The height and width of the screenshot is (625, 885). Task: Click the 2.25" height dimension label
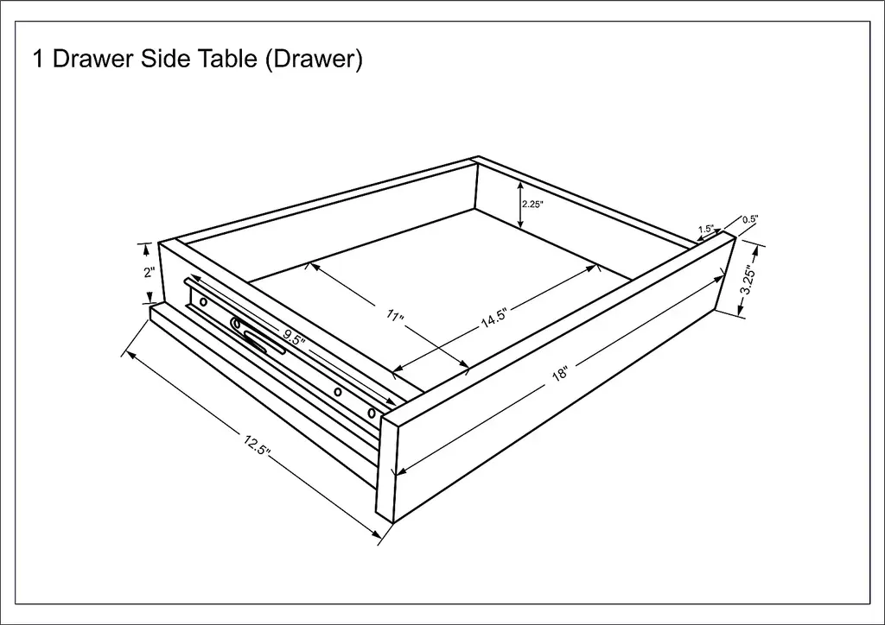pos(532,205)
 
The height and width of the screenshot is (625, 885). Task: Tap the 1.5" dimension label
pos(705,229)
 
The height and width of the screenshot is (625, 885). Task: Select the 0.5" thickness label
pos(750,219)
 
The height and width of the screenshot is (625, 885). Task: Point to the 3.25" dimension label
pos(748,280)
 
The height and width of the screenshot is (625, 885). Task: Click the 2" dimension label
pos(149,272)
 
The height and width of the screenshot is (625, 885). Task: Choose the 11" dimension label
pos(395,316)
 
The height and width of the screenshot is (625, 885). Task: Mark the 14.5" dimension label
pos(494,318)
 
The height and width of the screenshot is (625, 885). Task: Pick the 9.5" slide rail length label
pos(294,338)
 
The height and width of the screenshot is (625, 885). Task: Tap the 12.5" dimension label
pos(258,444)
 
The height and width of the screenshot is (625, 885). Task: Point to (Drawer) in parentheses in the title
pos(313,60)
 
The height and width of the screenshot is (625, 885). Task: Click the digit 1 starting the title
pos(38,59)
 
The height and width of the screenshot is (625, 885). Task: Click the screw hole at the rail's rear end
pos(204,303)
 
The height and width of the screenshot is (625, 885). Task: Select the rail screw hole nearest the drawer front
pos(372,414)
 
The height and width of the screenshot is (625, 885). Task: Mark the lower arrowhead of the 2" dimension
pos(150,298)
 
